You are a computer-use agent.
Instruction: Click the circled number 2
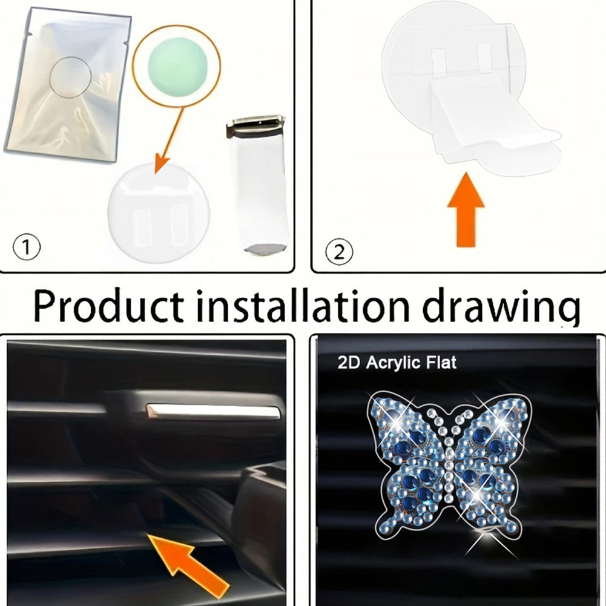(x=339, y=252)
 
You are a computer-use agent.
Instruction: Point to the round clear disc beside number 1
(x=159, y=213)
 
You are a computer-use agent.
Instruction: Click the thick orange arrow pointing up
(x=466, y=209)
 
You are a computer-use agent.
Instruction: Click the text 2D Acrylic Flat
(x=397, y=363)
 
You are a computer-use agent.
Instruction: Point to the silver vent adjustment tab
(x=212, y=412)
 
